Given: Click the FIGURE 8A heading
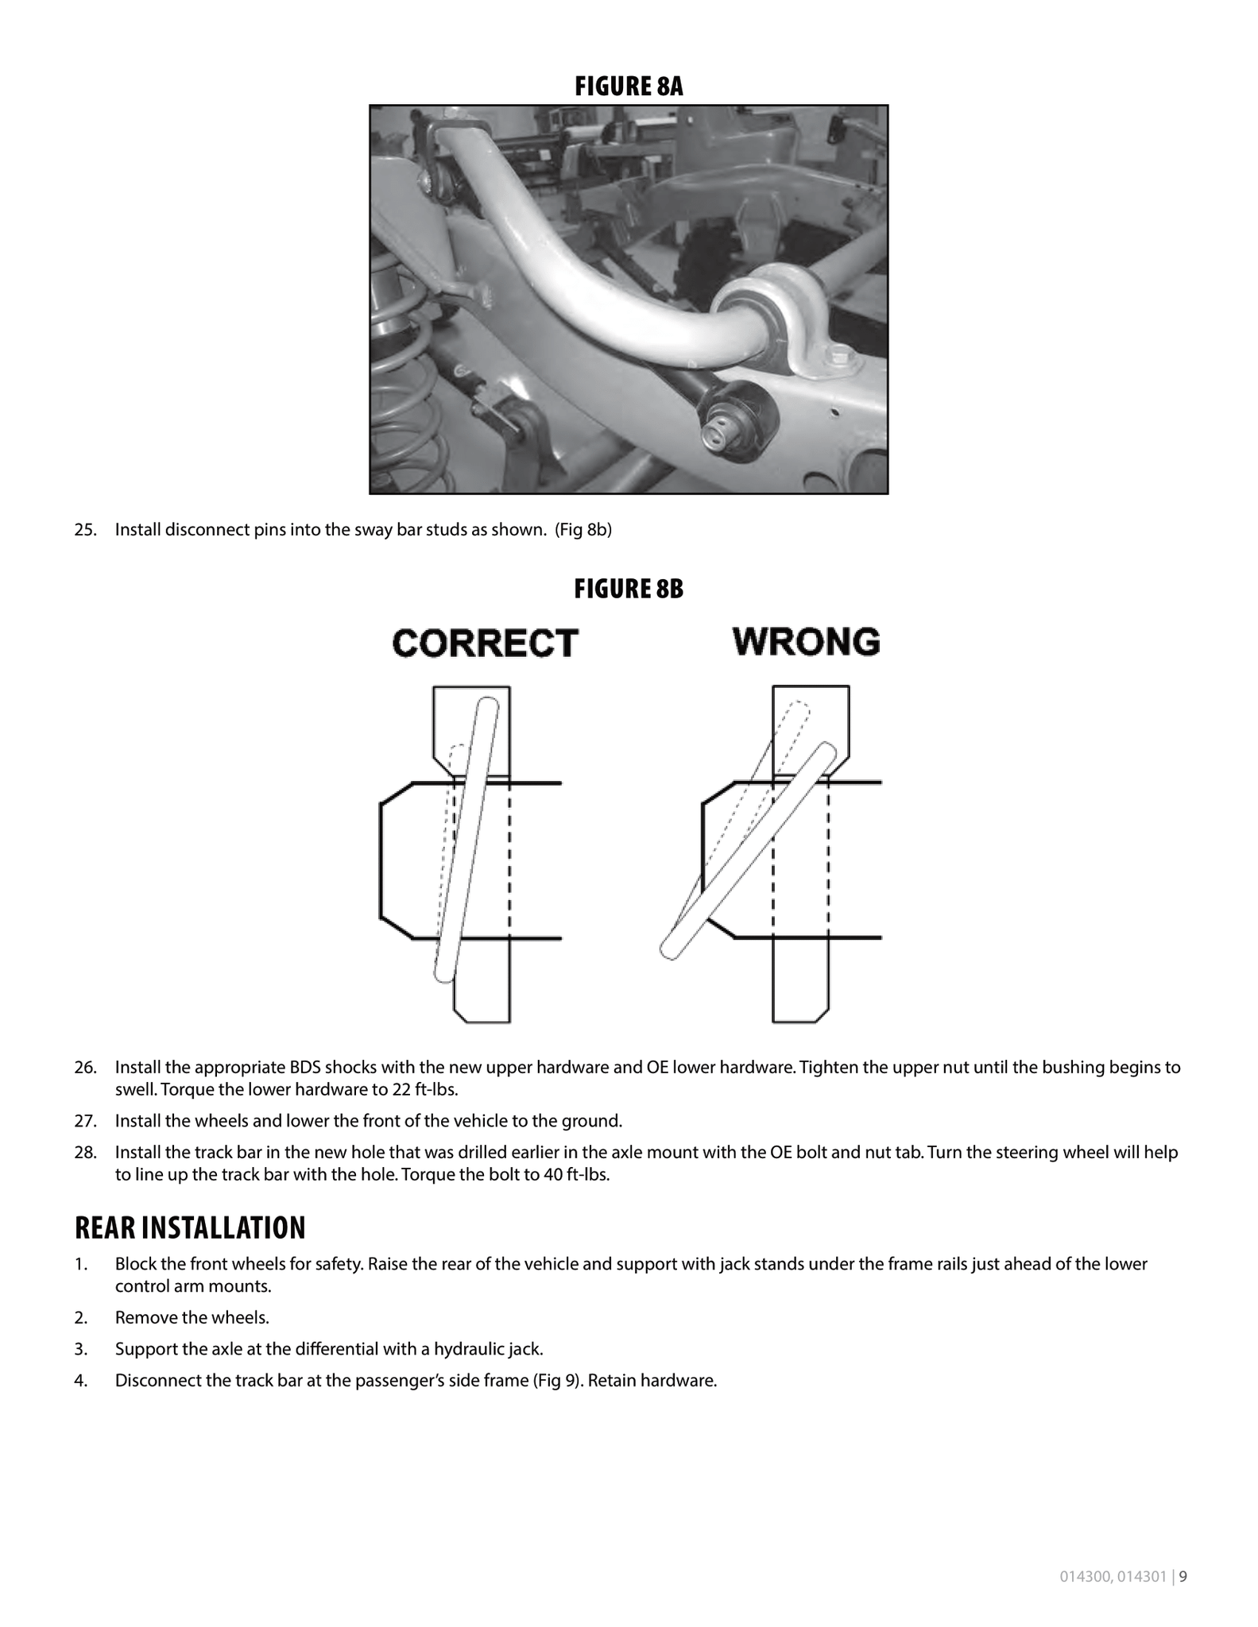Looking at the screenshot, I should click(629, 86).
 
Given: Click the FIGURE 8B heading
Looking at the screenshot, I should click(629, 589).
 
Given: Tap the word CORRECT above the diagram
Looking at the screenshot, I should click(486, 643).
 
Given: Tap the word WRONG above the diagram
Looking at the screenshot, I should click(807, 641).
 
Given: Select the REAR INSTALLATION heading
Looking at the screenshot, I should click(190, 1227).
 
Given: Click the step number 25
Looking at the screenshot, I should click(85, 530).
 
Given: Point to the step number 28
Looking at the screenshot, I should click(85, 1152).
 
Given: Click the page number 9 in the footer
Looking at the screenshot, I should click(1183, 1577).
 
